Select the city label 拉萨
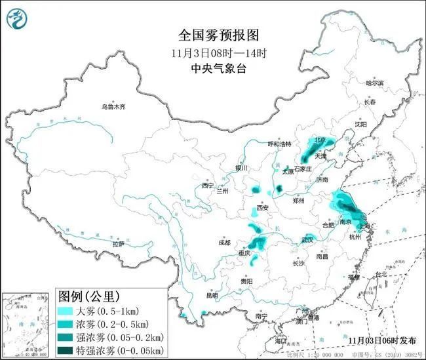coord(118,243)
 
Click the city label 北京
coord(320,140)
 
